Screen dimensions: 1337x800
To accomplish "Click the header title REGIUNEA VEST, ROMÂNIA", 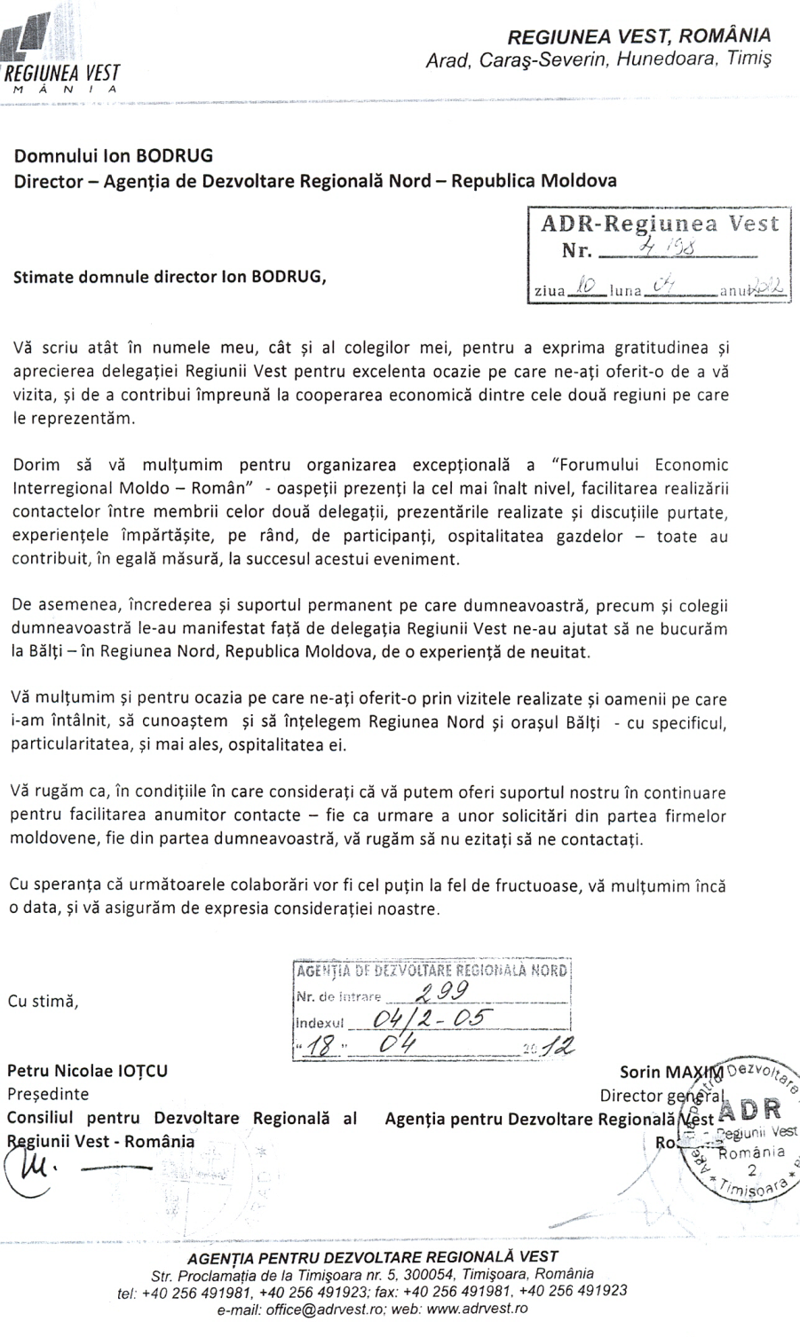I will [638, 35].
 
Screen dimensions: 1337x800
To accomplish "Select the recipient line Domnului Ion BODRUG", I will [113, 156].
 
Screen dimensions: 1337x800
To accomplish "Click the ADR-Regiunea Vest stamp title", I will [659, 224].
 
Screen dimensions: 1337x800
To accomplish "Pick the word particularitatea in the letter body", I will [67, 745].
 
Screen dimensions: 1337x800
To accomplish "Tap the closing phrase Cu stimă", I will [44, 1002].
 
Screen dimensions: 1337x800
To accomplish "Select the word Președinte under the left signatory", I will [48, 1094].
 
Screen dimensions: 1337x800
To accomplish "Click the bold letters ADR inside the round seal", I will [752, 1110].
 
